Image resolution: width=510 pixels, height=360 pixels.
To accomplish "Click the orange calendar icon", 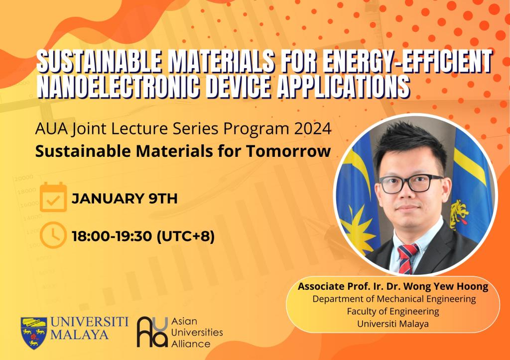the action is tap(53, 197).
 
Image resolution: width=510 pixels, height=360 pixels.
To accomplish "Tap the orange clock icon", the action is tap(53, 235).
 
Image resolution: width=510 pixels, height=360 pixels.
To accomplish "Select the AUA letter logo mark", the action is tap(152, 332).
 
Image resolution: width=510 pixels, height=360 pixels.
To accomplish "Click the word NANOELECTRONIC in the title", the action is tap(118, 87).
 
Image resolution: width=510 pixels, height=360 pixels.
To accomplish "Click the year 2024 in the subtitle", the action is tap(313, 129).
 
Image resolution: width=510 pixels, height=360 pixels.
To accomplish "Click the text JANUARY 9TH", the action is tap(125, 198).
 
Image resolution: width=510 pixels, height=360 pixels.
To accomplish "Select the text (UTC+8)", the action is tap(186, 237).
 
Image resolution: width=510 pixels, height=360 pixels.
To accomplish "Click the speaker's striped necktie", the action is tap(407, 258).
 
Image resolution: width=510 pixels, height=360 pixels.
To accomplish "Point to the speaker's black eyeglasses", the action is tap(411, 184).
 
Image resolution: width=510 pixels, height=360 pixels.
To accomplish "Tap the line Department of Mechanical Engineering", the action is tap(394, 299).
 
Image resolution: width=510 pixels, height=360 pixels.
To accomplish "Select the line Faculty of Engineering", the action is tap(393, 311).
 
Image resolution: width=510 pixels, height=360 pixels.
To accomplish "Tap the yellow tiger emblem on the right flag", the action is tap(459, 213).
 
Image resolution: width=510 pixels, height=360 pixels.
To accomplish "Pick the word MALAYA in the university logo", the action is tap(79, 335).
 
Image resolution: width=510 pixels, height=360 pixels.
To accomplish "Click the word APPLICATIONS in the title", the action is tap(343, 87).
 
